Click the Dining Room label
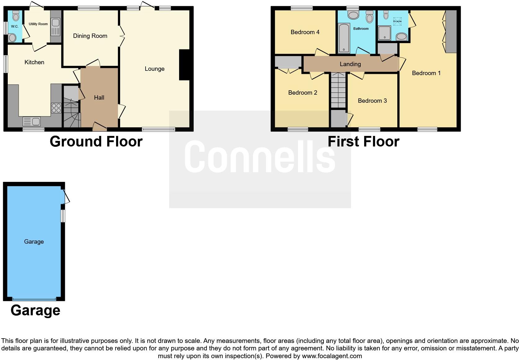(90, 36)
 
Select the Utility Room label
(38, 24)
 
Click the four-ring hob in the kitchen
(56, 108)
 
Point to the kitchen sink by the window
(32, 121)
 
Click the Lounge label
(155, 69)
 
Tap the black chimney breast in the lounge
(184, 65)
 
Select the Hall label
(99, 98)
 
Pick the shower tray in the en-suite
(384, 33)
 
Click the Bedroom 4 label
(305, 32)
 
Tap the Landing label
(350, 64)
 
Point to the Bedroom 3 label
(372, 101)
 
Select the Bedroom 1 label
(426, 73)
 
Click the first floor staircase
(338, 90)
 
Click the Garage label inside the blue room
(34, 242)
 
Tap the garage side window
(63, 216)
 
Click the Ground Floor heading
(96, 142)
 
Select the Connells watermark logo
(260, 157)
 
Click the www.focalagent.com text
(332, 356)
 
